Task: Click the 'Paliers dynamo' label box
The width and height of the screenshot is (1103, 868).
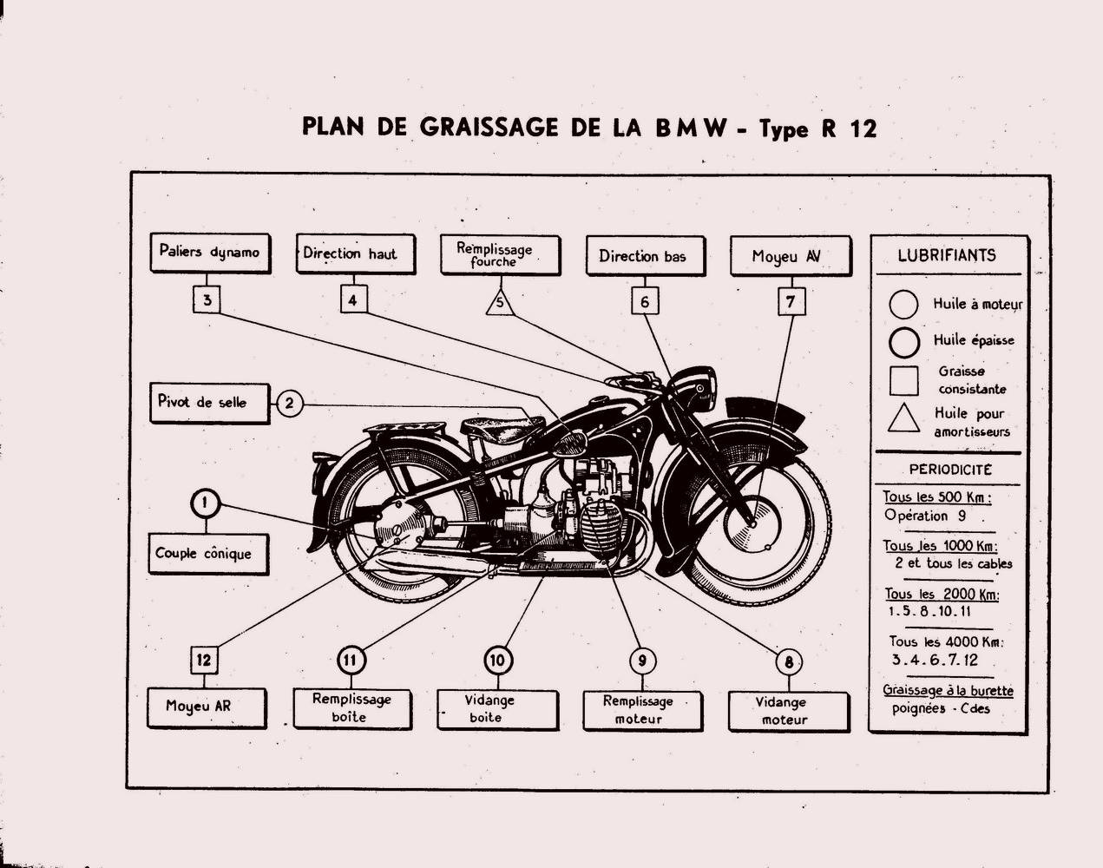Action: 209,253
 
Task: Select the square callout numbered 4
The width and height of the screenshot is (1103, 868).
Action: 352,300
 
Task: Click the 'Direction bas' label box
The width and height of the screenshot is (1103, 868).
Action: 643,256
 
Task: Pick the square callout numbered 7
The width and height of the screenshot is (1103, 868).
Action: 791,302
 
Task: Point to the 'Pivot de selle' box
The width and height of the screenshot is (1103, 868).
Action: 208,403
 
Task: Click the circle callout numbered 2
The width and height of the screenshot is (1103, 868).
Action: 290,403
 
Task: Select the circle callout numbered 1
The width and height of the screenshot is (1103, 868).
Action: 204,503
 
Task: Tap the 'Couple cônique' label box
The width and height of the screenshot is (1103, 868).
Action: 207,553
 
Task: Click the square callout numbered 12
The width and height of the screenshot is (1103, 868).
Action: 203,660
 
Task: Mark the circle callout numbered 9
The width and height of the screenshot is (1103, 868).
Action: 641,661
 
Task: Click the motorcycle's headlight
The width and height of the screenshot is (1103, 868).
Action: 694,387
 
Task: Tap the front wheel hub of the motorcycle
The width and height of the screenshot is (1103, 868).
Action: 752,523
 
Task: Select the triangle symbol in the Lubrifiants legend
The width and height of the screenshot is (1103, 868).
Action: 904,418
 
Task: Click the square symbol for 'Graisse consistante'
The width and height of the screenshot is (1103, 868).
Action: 904,380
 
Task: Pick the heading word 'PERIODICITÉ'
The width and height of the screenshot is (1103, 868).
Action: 950,470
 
